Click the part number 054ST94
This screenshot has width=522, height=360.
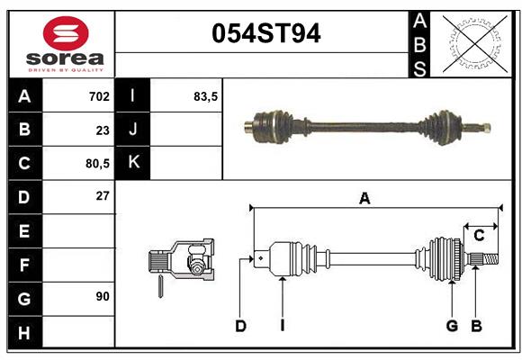pyautogui.click(x=265, y=34)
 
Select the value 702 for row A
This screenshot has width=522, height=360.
pyautogui.click(x=99, y=95)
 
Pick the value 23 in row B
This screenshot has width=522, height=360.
pyautogui.click(x=102, y=130)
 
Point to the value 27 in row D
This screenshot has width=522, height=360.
pyautogui.click(x=102, y=195)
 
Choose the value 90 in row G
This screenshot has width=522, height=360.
pyautogui.click(x=102, y=296)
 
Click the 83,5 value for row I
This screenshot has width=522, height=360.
pyautogui.click(x=206, y=95)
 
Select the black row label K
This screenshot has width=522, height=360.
pyautogui.click(x=133, y=163)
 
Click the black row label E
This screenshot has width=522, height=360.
pyautogui.click(x=24, y=230)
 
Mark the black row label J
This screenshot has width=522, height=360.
pyautogui.click(x=133, y=130)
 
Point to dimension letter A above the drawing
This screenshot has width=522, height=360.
pyautogui.click(x=364, y=198)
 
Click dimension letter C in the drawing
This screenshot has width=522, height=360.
pyautogui.click(x=479, y=236)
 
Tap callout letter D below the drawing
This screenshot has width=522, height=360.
pyautogui.click(x=240, y=326)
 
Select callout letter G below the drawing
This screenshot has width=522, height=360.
pyautogui.click(x=452, y=326)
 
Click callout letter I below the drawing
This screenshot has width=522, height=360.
pyautogui.click(x=282, y=326)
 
